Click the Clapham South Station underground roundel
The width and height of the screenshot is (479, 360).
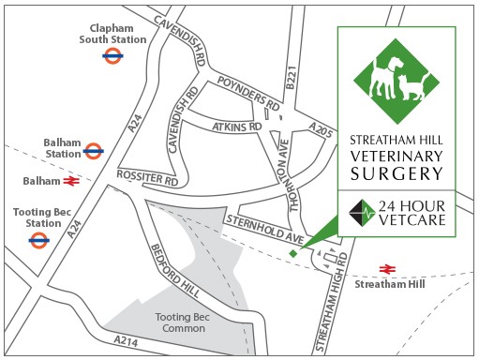click(x=112, y=56)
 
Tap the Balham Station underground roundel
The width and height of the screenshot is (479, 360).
click(x=93, y=149)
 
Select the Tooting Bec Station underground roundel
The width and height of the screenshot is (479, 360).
click(x=38, y=240)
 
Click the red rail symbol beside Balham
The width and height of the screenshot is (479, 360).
click(x=70, y=179)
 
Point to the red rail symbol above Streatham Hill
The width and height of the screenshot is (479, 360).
click(x=386, y=268)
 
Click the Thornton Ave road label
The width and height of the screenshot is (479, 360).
click(x=288, y=167)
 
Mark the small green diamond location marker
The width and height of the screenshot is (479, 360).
click(x=293, y=253)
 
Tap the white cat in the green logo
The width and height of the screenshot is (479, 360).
click(x=411, y=87)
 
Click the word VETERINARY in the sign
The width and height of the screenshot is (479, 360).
click(x=396, y=156)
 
